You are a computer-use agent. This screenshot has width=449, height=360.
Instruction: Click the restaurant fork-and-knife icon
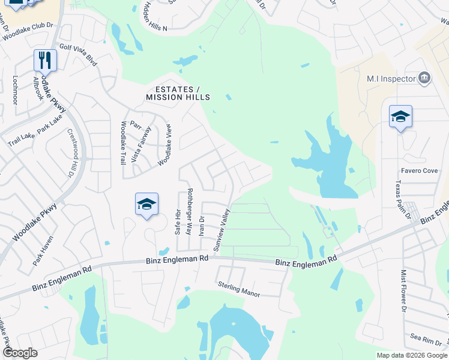[45, 59]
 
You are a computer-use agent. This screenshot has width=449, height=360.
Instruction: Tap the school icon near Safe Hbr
[146, 204]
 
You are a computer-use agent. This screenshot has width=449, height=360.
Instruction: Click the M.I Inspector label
[391, 79]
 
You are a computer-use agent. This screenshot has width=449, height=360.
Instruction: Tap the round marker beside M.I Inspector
[424, 78]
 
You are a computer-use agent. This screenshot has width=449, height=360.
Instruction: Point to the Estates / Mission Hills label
[178, 92]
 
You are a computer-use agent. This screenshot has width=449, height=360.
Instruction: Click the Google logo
[19, 353]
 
